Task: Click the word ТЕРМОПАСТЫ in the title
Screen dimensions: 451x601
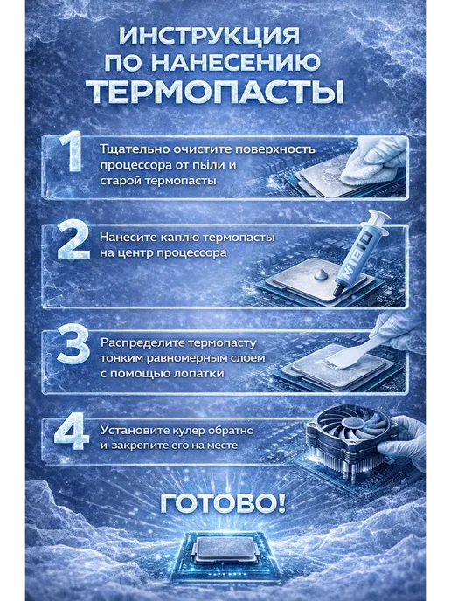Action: tap(216, 93)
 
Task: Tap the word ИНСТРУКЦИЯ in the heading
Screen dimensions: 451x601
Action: tap(210, 37)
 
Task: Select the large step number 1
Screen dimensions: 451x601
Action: tap(72, 152)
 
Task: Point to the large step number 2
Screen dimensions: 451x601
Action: tap(73, 240)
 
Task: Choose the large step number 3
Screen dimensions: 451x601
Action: tap(73, 344)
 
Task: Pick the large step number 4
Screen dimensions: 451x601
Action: tap(72, 432)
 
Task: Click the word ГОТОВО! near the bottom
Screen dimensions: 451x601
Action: tap(223, 503)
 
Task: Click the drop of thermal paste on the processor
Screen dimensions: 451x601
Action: tap(321, 274)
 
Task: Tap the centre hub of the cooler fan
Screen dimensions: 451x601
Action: tap(351, 423)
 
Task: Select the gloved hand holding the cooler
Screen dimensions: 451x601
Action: tap(404, 441)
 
